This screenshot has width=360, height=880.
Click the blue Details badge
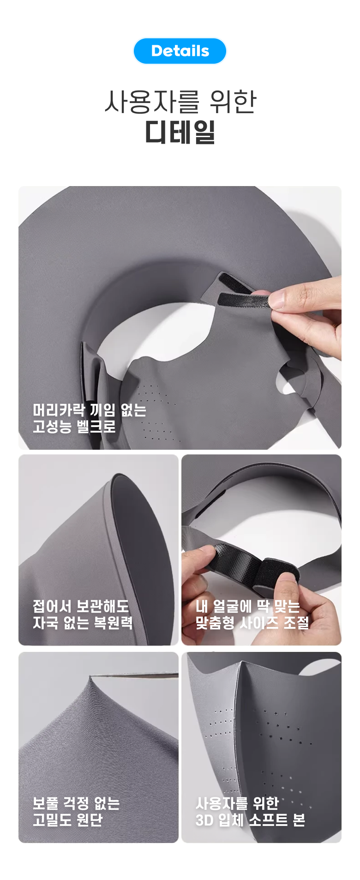[x=180, y=51]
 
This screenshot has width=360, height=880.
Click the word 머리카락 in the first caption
[x=59, y=410]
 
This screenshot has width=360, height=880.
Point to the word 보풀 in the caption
[x=45, y=803]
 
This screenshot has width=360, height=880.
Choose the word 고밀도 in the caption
[x=52, y=820]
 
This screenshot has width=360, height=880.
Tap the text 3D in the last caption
[x=204, y=820]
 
